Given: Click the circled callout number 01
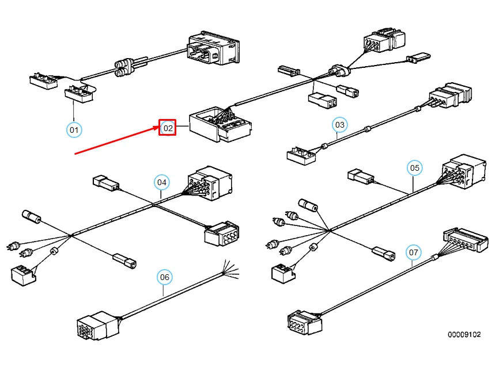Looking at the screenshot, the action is pos(74,130).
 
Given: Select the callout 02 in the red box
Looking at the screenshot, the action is pos(168,128).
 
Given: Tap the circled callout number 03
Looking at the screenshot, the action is pos(340,125).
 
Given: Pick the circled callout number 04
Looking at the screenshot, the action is pos(162,182).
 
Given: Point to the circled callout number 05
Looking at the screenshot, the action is pos(414,168).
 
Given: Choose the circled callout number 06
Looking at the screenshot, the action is pos(165,277).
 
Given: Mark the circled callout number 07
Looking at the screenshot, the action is pos(414,252).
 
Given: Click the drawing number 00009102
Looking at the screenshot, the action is pos(464,335).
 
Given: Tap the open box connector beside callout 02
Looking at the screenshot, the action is pos(220,124).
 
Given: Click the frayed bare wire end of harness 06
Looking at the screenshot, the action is pos(231,270).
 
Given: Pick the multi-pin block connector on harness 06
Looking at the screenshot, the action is pos(98,325).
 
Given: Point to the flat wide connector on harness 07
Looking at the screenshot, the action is pos(466,240).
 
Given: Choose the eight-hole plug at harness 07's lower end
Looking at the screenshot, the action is pos(304,322).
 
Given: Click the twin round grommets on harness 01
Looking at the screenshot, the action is pos(124,67).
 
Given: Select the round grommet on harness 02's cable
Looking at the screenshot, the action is pos(339,70).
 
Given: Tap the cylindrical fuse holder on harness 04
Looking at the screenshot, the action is pos(31,216).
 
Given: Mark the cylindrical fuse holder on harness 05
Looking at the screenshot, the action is pos(308,205).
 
